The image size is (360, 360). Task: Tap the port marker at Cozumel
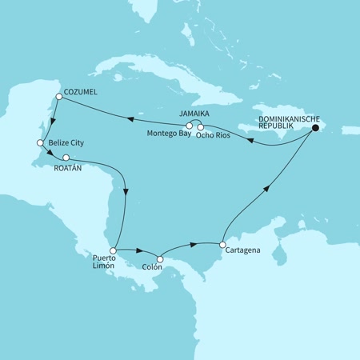pos(58,98)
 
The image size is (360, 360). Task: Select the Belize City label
pos(66,142)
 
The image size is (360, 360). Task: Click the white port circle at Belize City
pos(39,143)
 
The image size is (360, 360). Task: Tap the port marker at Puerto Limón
pos(113,250)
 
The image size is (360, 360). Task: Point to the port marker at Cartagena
pos(224,244)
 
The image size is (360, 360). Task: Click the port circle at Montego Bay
pos(189,126)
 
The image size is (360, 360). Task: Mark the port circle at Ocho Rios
pos(199,126)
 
